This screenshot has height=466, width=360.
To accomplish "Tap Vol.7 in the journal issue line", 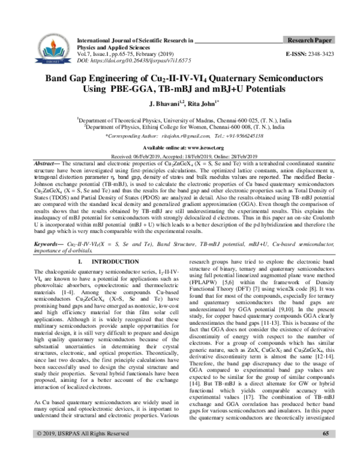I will point(79,54).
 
